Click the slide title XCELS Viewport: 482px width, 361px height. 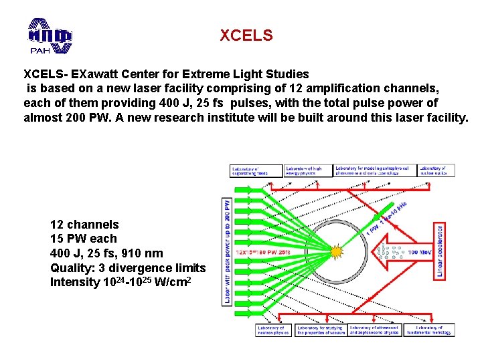246,35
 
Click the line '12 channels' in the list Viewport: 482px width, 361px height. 84,225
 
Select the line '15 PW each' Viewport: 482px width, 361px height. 83,239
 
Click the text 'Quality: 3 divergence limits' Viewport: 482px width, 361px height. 128,267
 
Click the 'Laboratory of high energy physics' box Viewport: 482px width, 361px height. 308,170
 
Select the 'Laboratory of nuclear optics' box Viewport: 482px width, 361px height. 436,170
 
